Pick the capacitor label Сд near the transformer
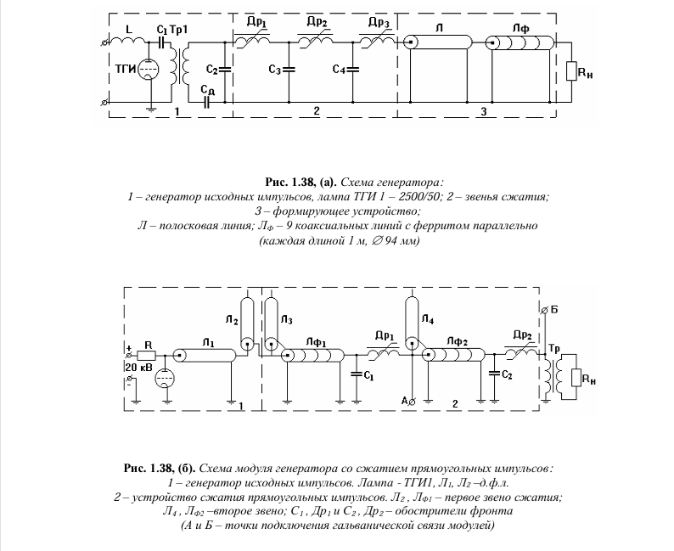[x=205, y=87]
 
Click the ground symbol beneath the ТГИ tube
[x=149, y=108]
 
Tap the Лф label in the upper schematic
[x=520, y=27]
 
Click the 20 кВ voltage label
[x=138, y=366]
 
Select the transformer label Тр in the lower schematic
[x=553, y=350]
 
